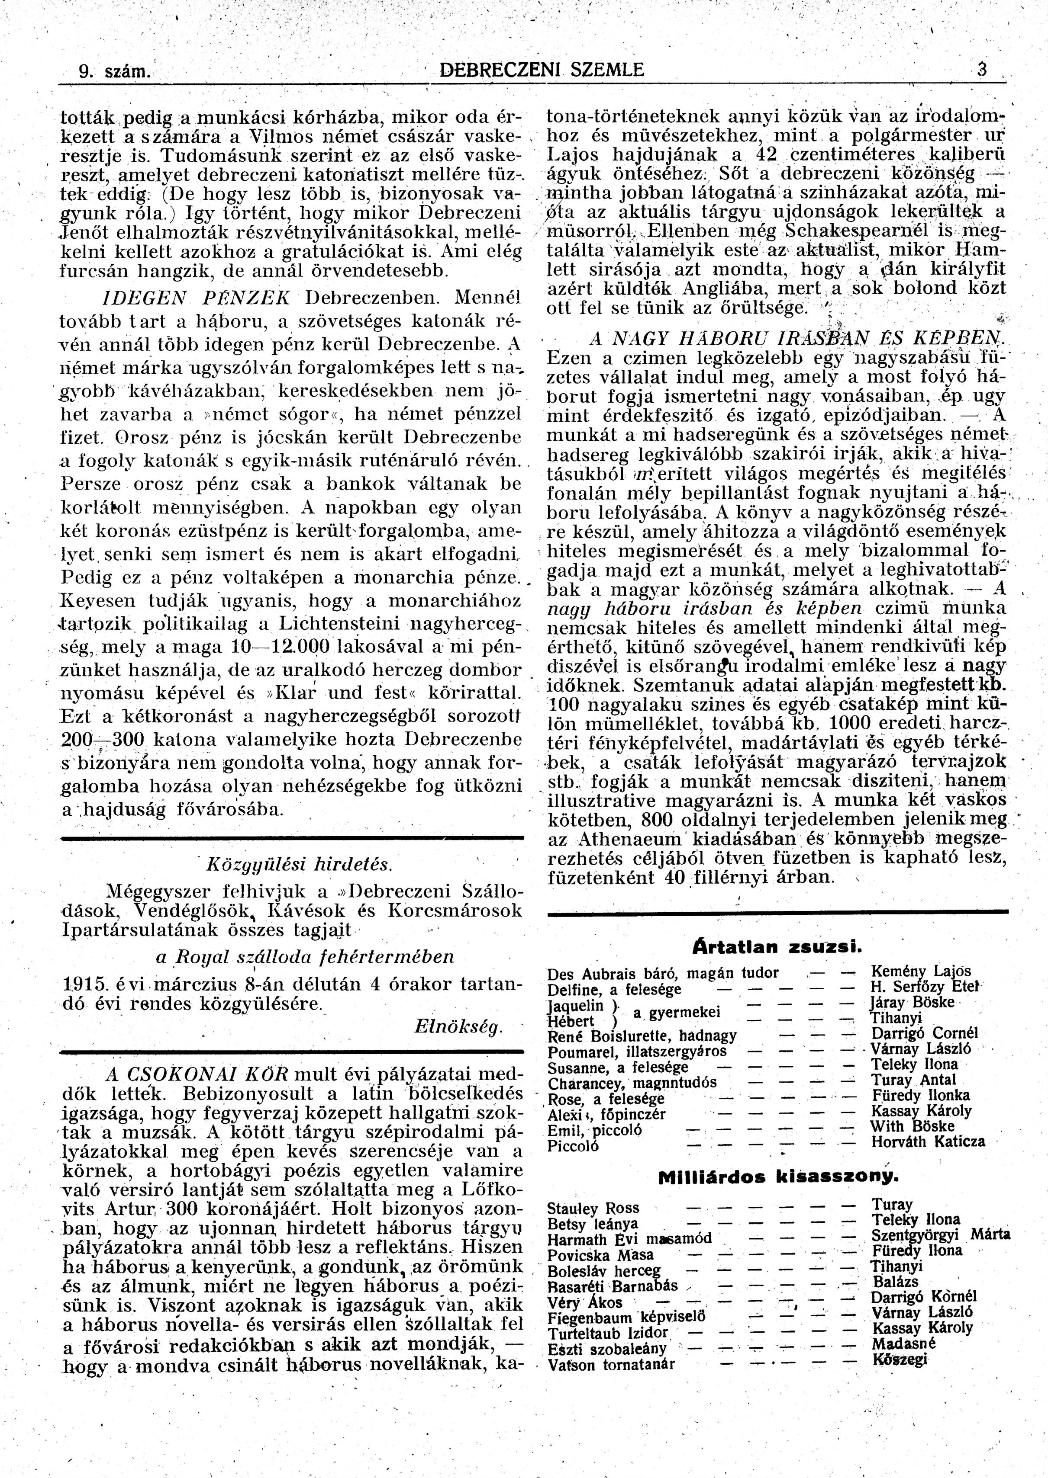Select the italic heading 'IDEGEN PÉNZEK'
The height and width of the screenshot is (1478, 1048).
coord(197,297)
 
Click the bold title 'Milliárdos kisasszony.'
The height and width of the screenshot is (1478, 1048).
coord(777,1177)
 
